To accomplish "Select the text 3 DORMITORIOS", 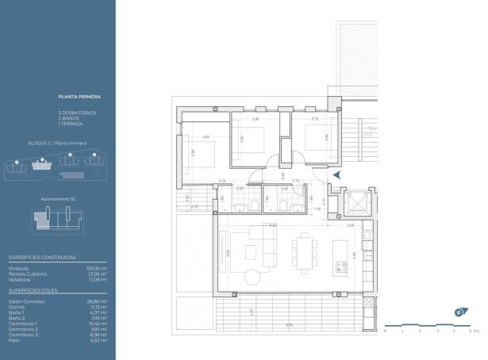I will (78, 113).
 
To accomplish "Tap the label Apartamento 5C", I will (57, 200).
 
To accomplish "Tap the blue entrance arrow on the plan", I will (338, 174).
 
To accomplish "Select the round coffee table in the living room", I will (252, 278).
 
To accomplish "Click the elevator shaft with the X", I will (358, 203).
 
